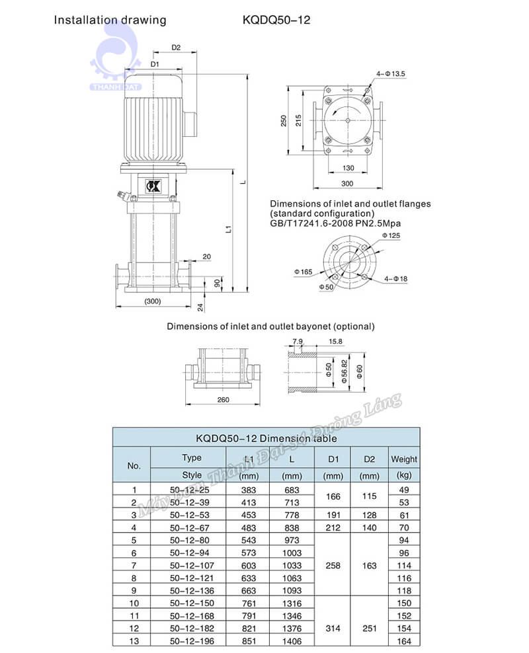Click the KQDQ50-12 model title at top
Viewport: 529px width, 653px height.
(x=276, y=20)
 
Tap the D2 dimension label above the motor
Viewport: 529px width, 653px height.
(x=176, y=48)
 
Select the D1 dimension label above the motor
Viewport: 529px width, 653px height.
(x=155, y=64)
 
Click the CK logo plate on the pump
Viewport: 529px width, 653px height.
(x=153, y=186)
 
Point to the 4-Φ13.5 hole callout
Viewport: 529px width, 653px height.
(x=390, y=74)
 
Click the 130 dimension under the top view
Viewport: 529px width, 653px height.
(x=348, y=168)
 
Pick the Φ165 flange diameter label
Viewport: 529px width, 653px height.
(x=304, y=272)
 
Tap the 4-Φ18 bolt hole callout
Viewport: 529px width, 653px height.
(x=395, y=279)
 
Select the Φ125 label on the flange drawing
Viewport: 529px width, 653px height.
(x=391, y=236)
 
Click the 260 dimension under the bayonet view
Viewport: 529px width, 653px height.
(x=224, y=400)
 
